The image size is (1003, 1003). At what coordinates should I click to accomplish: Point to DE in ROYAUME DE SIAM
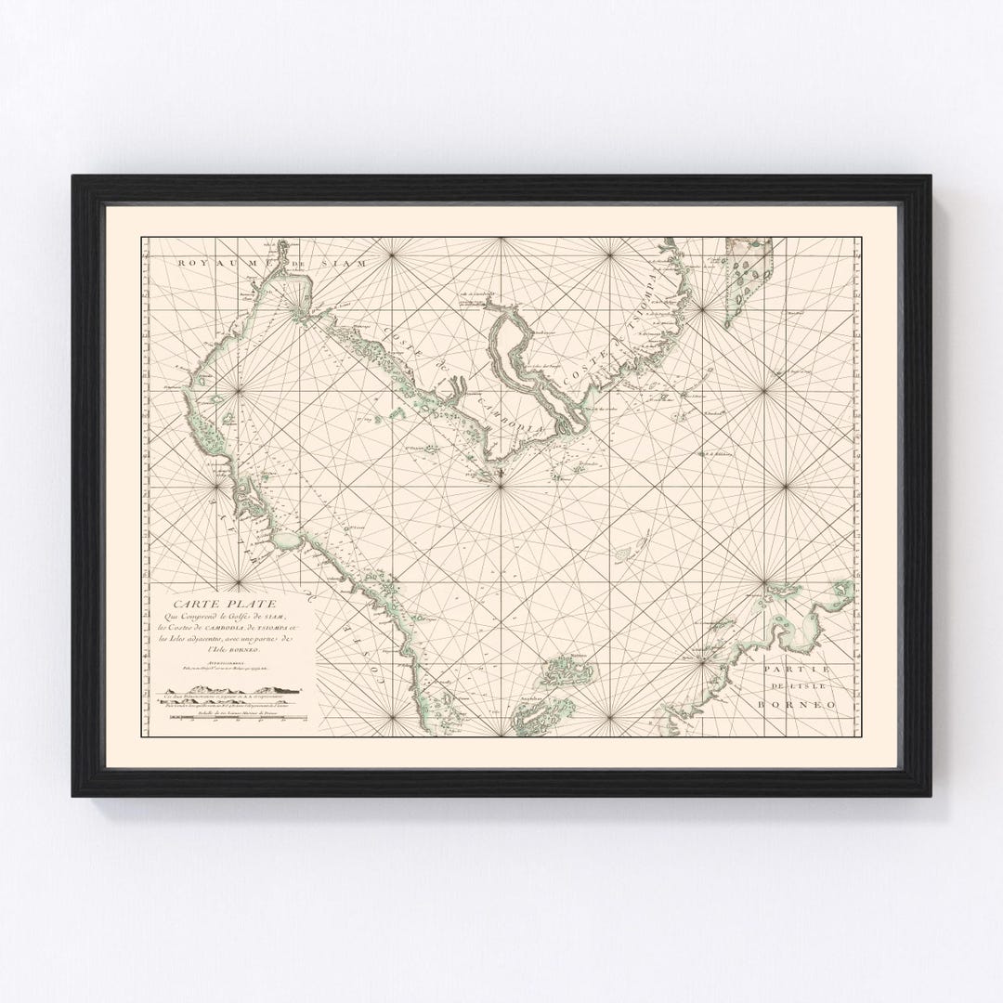tap(299, 264)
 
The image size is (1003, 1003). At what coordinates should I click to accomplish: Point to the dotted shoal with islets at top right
tap(748, 271)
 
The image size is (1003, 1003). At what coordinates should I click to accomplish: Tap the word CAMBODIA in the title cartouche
tap(226, 632)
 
